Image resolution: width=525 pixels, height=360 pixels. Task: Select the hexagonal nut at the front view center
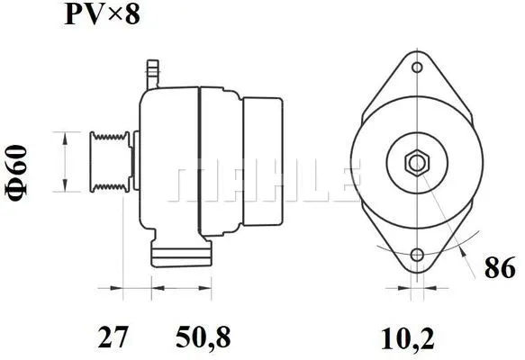click(x=416, y=163)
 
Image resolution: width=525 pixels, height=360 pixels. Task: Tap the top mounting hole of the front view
click(x=416, y=67)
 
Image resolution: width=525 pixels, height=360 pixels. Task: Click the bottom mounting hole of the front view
click(x=416, y=256)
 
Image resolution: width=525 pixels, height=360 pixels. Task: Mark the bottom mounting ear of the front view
click(x=416, y=262)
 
